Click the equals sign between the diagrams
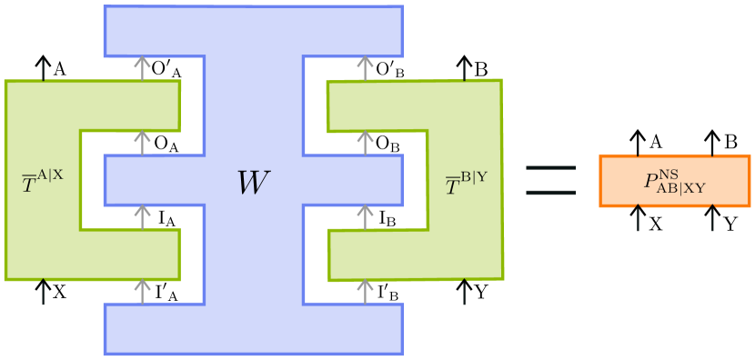[x=552, y=181]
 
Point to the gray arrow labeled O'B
[x=367, y=67]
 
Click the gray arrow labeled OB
[x=367, y=142]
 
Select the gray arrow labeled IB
[x=367, y=216]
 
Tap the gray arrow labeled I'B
[x=367, y=291]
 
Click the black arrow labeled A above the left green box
[x=42, y=67]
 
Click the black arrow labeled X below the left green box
[x=42, y=291]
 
